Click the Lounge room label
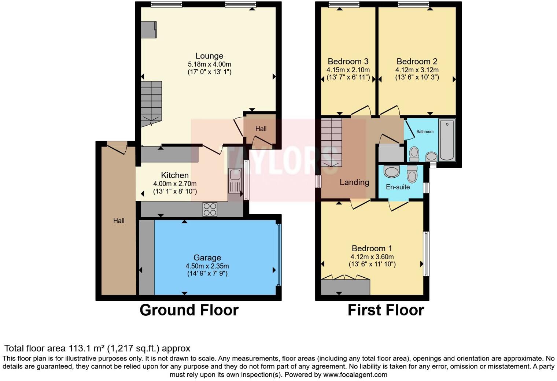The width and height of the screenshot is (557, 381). (x=209, y=56)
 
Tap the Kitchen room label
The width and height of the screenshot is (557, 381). (x=175, y=175)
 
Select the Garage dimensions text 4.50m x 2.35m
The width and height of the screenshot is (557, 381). (x=207, y=266)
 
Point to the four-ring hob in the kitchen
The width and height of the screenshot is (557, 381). (x=210, y=210)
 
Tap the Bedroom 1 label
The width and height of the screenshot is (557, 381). (x=372, y=248)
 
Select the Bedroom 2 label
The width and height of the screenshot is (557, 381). (x=417, y=62)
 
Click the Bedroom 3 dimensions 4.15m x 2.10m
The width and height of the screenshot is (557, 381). (x=348, y=70)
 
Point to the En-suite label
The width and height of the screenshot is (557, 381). (x=398, y=187)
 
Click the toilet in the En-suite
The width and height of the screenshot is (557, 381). (x=412, y=174)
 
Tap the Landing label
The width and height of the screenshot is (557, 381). (x=354, y=182)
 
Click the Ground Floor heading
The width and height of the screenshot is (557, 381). (x=189, y=310)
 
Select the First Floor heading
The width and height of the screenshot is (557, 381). (x=386, y=310)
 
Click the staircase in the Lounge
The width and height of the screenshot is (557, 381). (x=151, y=103)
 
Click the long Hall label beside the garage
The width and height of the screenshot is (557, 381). (x=119, y=221)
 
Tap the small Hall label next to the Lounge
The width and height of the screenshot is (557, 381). (x=261, y=129)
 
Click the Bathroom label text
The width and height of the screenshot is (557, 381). (x=425, y=132)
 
